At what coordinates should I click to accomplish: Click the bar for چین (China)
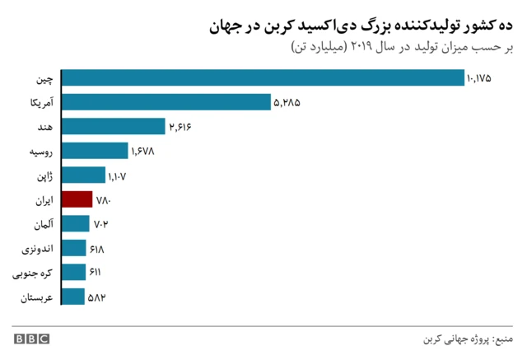pyautogui.click(x=263, y=77)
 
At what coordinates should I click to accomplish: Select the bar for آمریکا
pyautogui.click(x=167, y=101)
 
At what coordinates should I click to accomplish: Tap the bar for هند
pyautogui.click(x=114, y=126)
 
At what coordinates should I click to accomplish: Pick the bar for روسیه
pyautogui.click(x=96, y=151)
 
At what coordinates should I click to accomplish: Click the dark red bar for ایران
pyautogui.click(x=77, y=199)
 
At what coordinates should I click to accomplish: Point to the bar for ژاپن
pyautogui.click(x=84, y=175)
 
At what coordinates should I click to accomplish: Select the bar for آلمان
pyautogui.click(x=76, y=223)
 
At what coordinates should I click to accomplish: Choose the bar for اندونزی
pyautogui.click(x=74, y=248)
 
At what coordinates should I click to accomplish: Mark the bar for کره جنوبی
pyautogui.click(x=74, y=272)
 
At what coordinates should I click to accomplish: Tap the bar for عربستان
pyautogui.click(x=73, y=297)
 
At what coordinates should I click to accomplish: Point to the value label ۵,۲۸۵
pyautogui.click(x=287, y=102)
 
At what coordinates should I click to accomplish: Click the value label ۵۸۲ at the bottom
pyautogui.click(x=99, y=297)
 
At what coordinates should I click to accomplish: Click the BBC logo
pyautogui.click(x=30, y=339)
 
